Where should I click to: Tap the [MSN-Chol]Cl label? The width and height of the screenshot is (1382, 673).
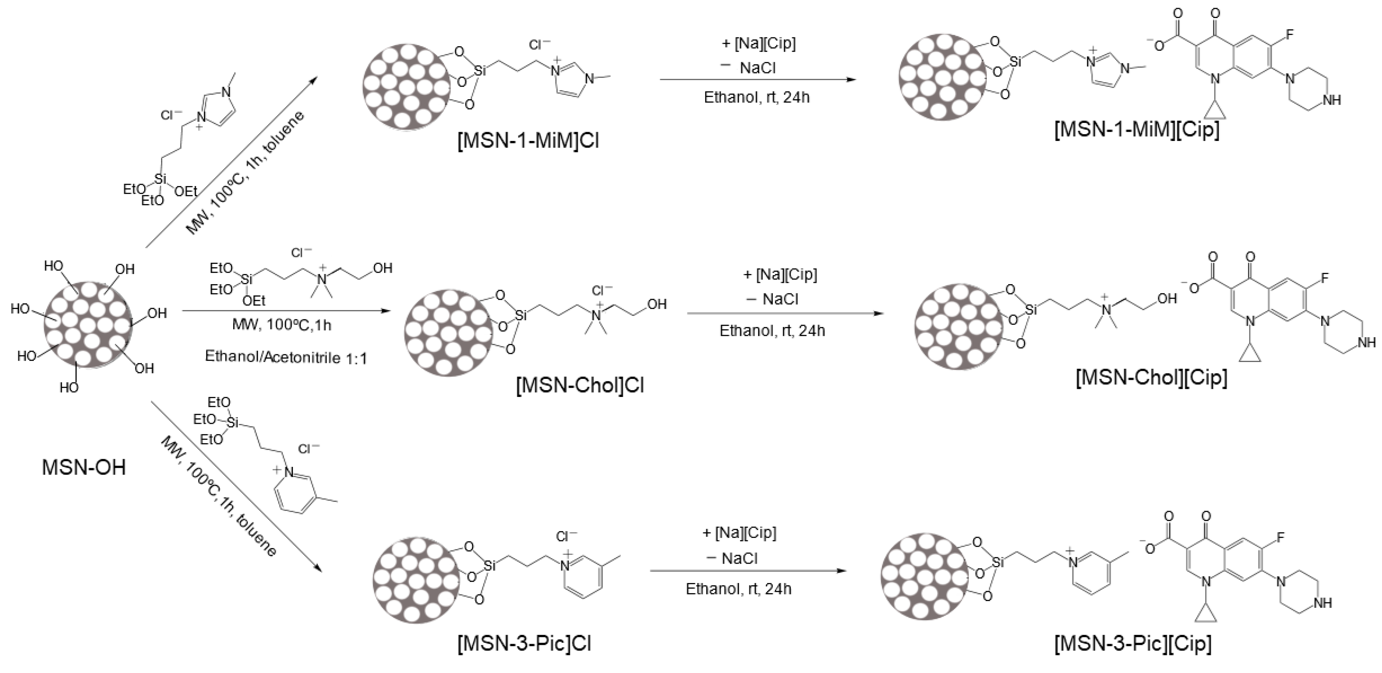[x=579, y=385]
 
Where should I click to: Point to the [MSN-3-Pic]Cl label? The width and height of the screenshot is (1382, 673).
[x=524, y=643]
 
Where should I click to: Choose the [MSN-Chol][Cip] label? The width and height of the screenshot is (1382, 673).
[x=1151, y=377]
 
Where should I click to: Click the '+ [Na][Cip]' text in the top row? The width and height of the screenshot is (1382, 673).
[x=759, y=43]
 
